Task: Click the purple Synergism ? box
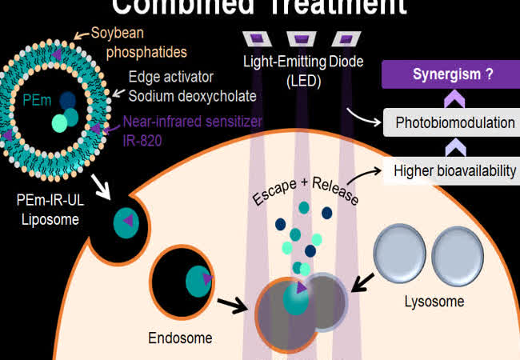pos(452,77)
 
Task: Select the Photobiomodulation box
pos(455,124)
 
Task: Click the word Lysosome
pos(434,302)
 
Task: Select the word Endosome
pos(181,338)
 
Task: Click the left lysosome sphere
pos(402,253)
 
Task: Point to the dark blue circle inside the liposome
pos(68,100)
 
